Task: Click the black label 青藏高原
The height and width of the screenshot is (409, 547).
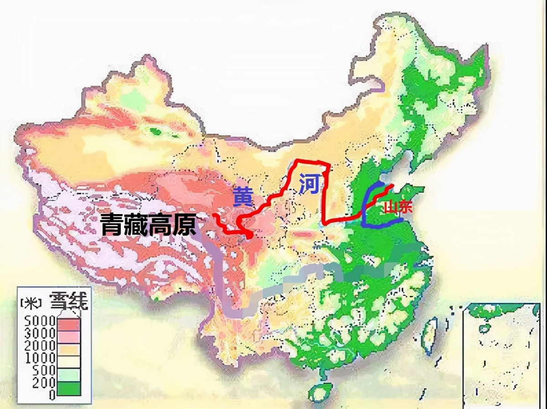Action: (149, 225)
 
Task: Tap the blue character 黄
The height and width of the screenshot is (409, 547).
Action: (242, 197)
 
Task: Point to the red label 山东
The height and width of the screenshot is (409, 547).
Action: (398, 207)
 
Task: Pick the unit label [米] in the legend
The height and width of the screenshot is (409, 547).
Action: (31, 302)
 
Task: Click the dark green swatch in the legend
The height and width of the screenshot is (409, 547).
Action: (68, 388)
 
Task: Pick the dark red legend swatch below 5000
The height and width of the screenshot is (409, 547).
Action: (68, 325)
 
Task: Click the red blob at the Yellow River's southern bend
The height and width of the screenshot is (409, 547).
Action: (248, 235)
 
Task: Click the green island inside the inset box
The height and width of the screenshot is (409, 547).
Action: (484, 327)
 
